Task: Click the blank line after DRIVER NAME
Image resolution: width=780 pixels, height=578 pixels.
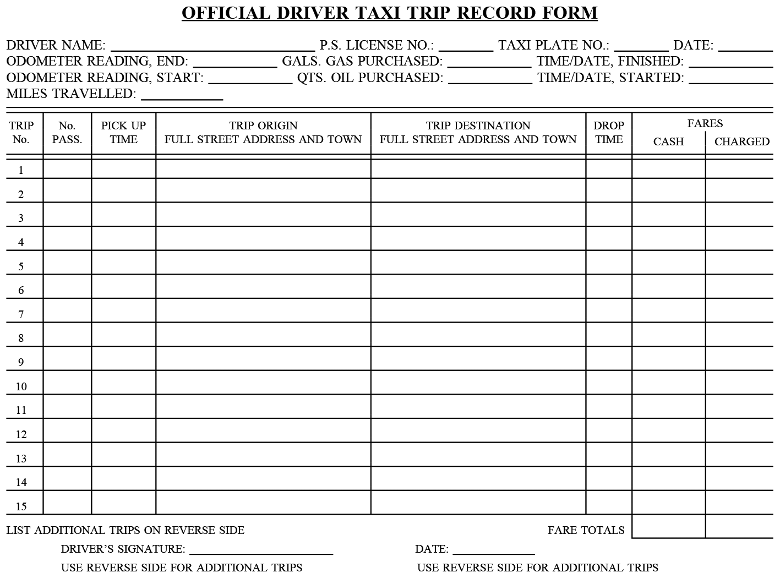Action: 212,46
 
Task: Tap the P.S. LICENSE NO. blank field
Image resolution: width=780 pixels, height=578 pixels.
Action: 466,46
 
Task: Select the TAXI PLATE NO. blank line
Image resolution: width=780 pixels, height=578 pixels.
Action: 641,46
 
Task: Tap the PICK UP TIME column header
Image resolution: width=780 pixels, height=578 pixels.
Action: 123,133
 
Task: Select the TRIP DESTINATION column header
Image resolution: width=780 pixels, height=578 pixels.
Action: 478,133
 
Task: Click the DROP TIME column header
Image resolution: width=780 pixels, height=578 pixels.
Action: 608,133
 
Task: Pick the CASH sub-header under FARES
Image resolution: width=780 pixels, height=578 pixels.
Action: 668,141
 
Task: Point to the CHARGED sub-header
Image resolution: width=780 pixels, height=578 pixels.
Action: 741,141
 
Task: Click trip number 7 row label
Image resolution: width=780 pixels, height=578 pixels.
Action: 21,314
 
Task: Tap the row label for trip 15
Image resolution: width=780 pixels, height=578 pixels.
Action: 21,506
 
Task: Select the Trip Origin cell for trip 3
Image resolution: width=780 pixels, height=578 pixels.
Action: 263,215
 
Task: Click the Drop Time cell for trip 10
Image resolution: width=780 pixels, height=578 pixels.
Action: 608,383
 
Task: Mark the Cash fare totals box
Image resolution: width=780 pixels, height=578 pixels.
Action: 668,527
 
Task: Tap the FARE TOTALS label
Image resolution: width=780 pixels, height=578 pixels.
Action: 586,530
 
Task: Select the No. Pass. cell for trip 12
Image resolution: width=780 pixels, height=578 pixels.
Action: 67,430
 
